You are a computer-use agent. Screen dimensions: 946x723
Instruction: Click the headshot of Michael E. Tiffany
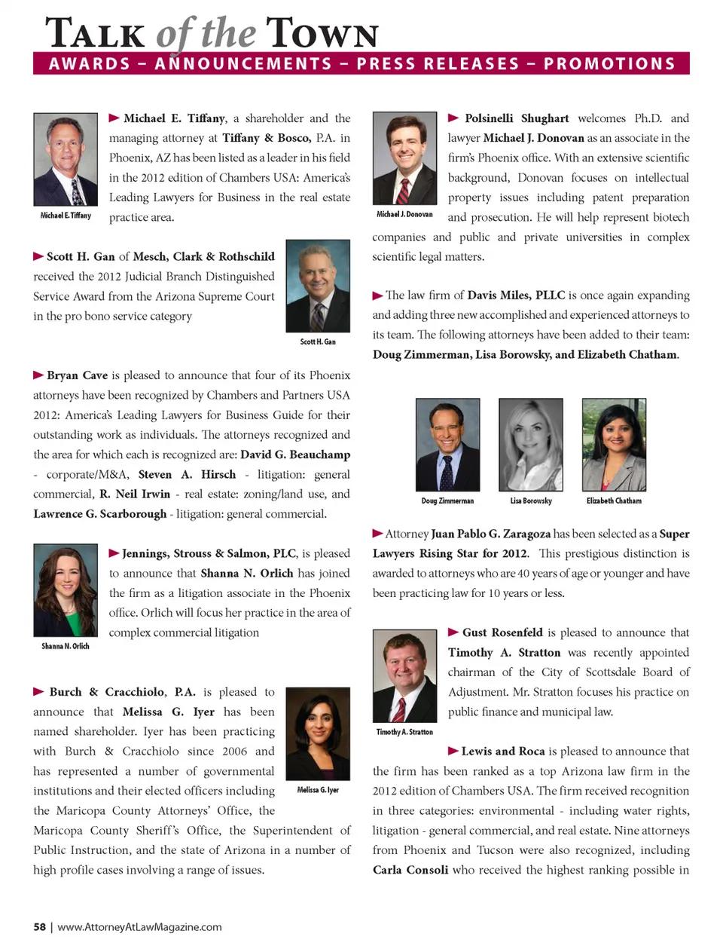(x=66, y=159)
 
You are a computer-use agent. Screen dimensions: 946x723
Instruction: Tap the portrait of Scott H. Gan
(x=318, y=286)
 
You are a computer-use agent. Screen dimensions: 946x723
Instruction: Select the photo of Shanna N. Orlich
(x=66, y=590)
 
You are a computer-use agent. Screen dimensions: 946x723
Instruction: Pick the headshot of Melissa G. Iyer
(x=318, y=733)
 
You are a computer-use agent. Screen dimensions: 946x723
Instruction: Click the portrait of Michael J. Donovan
(x=404, y=158)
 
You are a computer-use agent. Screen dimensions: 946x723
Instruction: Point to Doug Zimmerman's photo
(x=447, y=445)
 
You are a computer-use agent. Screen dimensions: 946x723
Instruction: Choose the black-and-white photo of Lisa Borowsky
(x=531, y=445)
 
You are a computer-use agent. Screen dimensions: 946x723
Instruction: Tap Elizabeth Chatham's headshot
(x=614, y=445)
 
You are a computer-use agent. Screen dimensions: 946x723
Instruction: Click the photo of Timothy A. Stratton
(x=404, y=676)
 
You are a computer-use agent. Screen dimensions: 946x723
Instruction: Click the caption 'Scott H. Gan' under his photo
(x=318, y=342)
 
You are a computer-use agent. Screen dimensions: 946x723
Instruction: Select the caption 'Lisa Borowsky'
(x=531, y=501)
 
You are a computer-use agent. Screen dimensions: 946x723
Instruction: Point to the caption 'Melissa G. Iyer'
(x=318, y=790)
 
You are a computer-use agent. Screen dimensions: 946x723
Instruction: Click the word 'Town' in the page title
(x=322, y=34)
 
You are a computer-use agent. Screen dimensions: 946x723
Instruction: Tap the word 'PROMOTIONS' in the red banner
(x=609, y=64)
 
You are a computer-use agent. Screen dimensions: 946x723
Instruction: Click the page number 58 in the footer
(x=39, y=927)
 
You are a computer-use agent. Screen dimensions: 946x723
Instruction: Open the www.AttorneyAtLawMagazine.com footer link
(x=139, y=927)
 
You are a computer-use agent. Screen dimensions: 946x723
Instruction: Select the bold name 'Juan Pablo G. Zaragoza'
(x=490, y=534)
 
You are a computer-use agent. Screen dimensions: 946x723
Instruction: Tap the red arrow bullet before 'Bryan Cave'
(x=38, y=375)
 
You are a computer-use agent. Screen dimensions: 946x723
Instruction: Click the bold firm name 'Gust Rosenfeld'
(x=502, y=632)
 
